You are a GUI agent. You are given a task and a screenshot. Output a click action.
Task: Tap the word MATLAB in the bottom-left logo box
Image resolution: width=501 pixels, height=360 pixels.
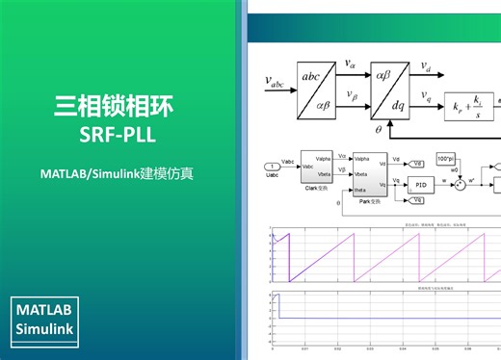pyautogui.click(x=51, y=311)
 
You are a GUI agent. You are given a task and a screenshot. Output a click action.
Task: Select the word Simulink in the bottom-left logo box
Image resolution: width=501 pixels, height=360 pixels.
pyautogui.click(x=51, y=331)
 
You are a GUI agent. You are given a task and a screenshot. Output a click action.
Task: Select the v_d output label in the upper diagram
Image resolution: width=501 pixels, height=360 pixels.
pyautogui.click(x=427, y=66)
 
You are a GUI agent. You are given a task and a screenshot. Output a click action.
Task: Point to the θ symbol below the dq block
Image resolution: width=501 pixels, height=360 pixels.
pyautogui.click(x=379, y=127)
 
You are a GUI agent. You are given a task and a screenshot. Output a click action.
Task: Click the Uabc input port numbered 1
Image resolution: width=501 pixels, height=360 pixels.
pyautogui.click(x=271, y=167)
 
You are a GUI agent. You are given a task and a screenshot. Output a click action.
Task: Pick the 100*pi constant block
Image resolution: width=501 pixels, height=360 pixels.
pyautogui.click(x=445, y=158)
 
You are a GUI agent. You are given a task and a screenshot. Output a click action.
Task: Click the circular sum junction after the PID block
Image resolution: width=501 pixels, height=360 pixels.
pyautogui.click(x=460, y=181)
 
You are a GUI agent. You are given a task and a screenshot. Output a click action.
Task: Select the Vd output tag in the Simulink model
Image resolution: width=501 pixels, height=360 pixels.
pyautogui.click(x=416, y=164)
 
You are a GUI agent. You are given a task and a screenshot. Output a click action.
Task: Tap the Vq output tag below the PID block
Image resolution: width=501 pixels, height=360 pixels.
pyautogui.click(x=416, y=199)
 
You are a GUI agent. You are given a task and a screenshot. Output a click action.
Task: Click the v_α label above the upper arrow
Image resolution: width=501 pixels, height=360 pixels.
pyautogui.click(x=350, y=64)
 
